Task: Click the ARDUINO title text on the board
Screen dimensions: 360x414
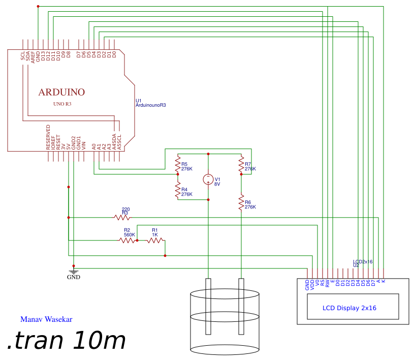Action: click(x=61, y=93)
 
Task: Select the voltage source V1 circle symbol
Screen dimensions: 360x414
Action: click(x=208, y=179)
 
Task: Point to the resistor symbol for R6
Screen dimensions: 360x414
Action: click(x=241, y=203)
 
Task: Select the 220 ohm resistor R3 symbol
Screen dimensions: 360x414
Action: click(x=122, y=218)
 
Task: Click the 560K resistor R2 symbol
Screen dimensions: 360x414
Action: click(x=128, y=240)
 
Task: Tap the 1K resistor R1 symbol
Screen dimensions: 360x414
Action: click(x=155, y=240)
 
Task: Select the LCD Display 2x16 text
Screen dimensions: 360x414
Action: click(x=349, y=308)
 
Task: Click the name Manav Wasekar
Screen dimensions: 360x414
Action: click(x=46, y=320)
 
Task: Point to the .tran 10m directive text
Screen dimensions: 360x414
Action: click(x=66, y=341)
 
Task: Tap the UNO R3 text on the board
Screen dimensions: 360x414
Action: click(x=62, y=104)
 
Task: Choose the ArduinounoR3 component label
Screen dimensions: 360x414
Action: click(x=151, y=105)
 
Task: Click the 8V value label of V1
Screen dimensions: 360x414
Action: click(x=217, y=184)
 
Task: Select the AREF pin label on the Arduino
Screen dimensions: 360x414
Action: click(x=33, y=56)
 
